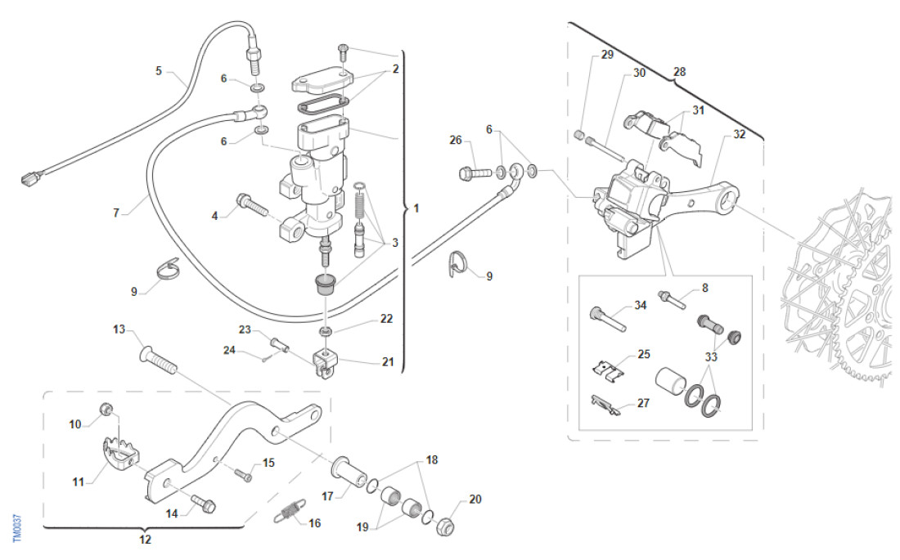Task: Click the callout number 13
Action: (119, 329)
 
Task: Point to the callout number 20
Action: (475, 500)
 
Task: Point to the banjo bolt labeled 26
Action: (475, 172)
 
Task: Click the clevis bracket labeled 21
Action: (326, 362)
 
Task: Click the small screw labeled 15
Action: (242, 473)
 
